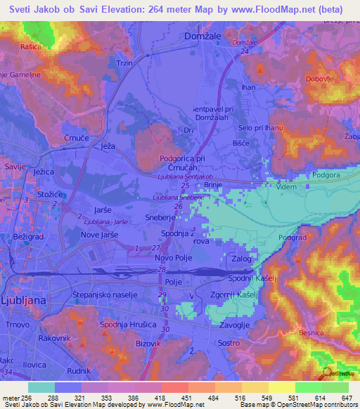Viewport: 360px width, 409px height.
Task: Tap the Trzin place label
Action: [125, 63]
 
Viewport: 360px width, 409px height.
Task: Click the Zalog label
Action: [241, 259]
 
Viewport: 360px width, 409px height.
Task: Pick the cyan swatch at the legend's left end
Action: [41, 387]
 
